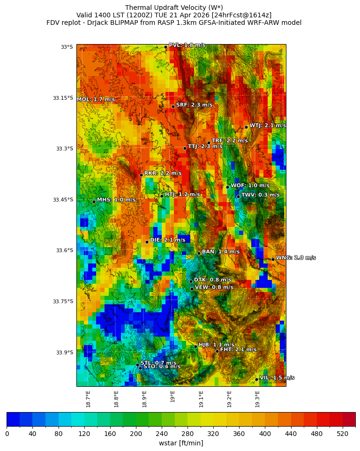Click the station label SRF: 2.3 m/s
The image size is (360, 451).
click(x=194, y=105)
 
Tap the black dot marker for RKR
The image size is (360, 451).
click(x=141, y=175)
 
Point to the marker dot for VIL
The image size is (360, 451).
click(x=257, y=379)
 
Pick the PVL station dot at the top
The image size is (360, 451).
click(x=165, y=47)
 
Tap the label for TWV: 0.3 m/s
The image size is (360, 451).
click(x=260, y=195)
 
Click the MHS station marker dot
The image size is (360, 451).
click(x=94, y=202)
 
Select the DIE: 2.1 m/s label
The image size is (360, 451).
click(x=167, y=240)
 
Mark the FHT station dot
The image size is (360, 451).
click(x=217, y=351)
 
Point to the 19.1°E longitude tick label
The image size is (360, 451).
click(x=201, y=399)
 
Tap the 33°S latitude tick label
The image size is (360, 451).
click(x=67, y=47)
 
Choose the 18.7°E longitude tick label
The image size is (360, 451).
click(x=88, y=399)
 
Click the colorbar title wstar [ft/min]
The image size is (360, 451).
click(x=181, y=443)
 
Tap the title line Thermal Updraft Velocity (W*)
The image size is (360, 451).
click(x=174, y=8)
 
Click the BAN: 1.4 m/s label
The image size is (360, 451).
click(x=220, y=252)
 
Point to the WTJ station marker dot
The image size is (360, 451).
click(x=246, y=127)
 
